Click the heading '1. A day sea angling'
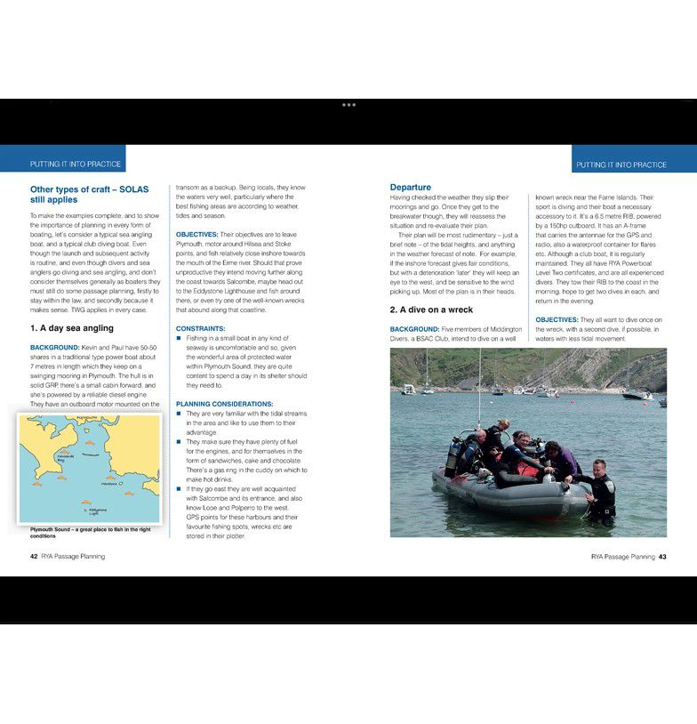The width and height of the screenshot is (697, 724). pos(72,328)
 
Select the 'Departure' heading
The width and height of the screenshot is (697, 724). pos(411,187)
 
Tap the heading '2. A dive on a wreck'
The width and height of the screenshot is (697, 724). pos(431,310)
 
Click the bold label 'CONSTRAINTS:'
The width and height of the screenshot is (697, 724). pos(200,328)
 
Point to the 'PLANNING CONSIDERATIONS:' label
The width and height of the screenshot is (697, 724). pos(218,403)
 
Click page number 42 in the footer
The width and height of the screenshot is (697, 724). pos(34,557)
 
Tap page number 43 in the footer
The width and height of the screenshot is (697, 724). pos(662,557)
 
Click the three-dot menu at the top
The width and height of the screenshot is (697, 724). pos(348,105)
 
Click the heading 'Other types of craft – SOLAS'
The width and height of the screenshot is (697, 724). pos(89,194)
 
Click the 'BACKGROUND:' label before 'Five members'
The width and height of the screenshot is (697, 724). pos(414,329)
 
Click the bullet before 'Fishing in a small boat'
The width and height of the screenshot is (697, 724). pos(179,338)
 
